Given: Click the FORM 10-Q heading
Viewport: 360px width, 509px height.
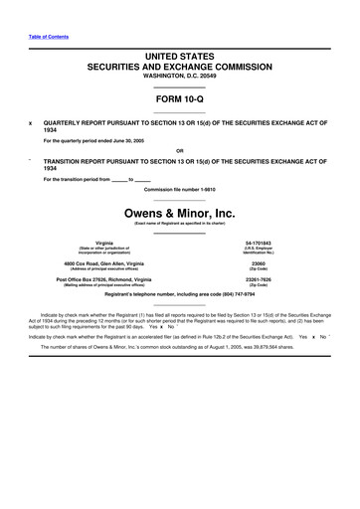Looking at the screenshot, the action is pos(179,99).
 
